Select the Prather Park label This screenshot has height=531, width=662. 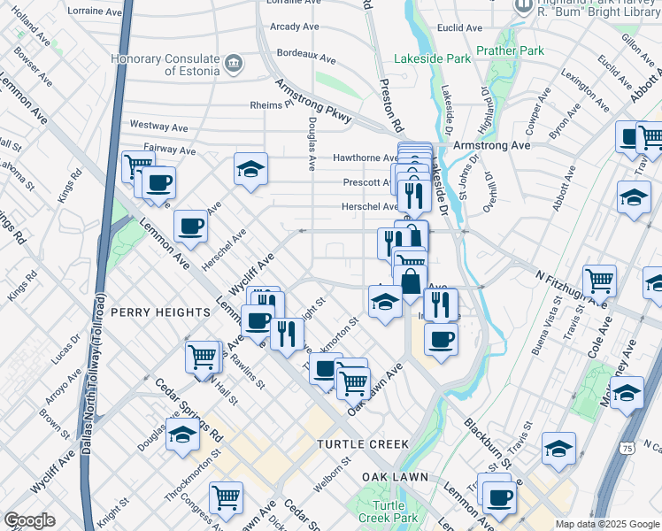(x=510, y=51)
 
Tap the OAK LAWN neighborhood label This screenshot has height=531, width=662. (x=395, y=476)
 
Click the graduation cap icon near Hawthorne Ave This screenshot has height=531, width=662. (x=250, y=168)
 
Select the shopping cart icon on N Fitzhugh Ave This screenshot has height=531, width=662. (x=599, y=281)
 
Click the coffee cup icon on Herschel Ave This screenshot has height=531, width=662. (x=190, y=226)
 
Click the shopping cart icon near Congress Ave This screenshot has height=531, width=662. (x=226, y=497)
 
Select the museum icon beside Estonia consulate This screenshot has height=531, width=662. (x=233, y=62)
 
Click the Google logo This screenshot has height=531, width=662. (x=29, y=520)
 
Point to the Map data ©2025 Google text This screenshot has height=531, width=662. (x=607, y=524)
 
